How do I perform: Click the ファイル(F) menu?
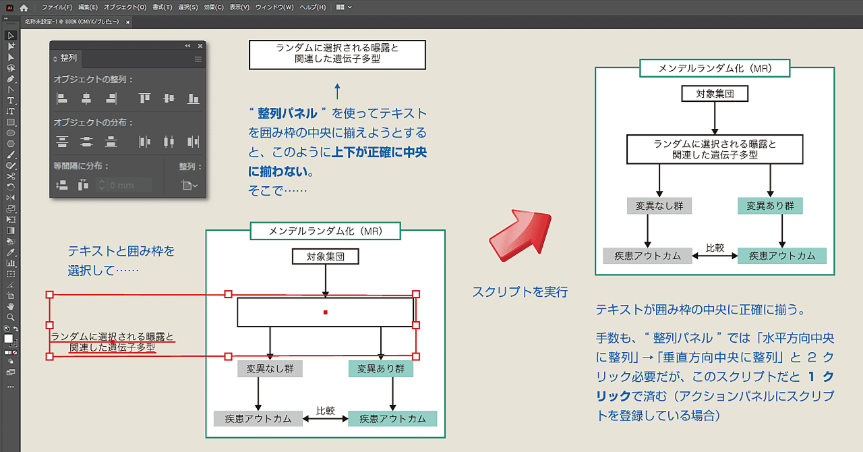[57, 7]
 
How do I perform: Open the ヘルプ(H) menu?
[312, 7]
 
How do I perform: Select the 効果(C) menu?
[214, 7]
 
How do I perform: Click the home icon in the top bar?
[24, 7]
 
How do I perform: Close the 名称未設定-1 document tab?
[128, 22]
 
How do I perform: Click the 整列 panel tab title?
[68, 59]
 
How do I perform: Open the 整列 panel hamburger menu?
[198, 59]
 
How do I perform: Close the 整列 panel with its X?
[200, 46]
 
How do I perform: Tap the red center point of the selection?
[326, 312]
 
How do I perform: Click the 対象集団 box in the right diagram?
[714, 93]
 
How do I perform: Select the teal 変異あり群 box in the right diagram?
[770, 205]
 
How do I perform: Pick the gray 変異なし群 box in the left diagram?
[270, 369]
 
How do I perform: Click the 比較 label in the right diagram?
[715, 248]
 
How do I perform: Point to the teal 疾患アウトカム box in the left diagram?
[392, 418]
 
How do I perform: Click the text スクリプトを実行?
[520, 292]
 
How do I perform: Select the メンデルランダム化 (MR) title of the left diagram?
[326, 231]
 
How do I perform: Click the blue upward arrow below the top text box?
[338, 91]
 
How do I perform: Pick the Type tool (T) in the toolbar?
[11, 100]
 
